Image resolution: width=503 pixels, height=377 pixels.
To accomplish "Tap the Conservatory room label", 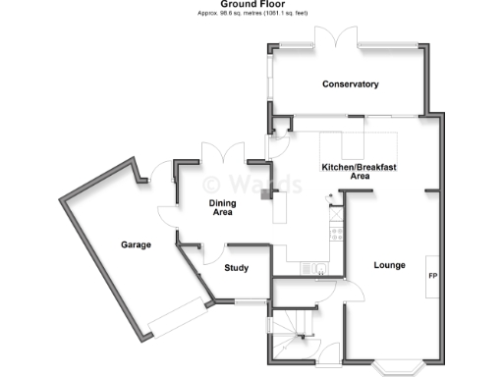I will (350, 84).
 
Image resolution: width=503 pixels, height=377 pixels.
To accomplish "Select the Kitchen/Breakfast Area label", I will (360, 172).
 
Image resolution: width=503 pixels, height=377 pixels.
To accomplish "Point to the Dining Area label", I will (222, 207).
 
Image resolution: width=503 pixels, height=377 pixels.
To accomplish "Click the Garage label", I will (136, 244).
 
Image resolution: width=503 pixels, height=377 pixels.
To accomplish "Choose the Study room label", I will (236, 267).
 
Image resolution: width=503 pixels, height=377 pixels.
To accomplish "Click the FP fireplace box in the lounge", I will (432, 275).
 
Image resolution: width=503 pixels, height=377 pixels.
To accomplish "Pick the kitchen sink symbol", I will (317, 268).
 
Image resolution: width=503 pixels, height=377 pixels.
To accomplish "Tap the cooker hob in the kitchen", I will (336, 234).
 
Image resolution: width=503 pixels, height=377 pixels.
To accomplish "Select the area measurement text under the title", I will (251, 14).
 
